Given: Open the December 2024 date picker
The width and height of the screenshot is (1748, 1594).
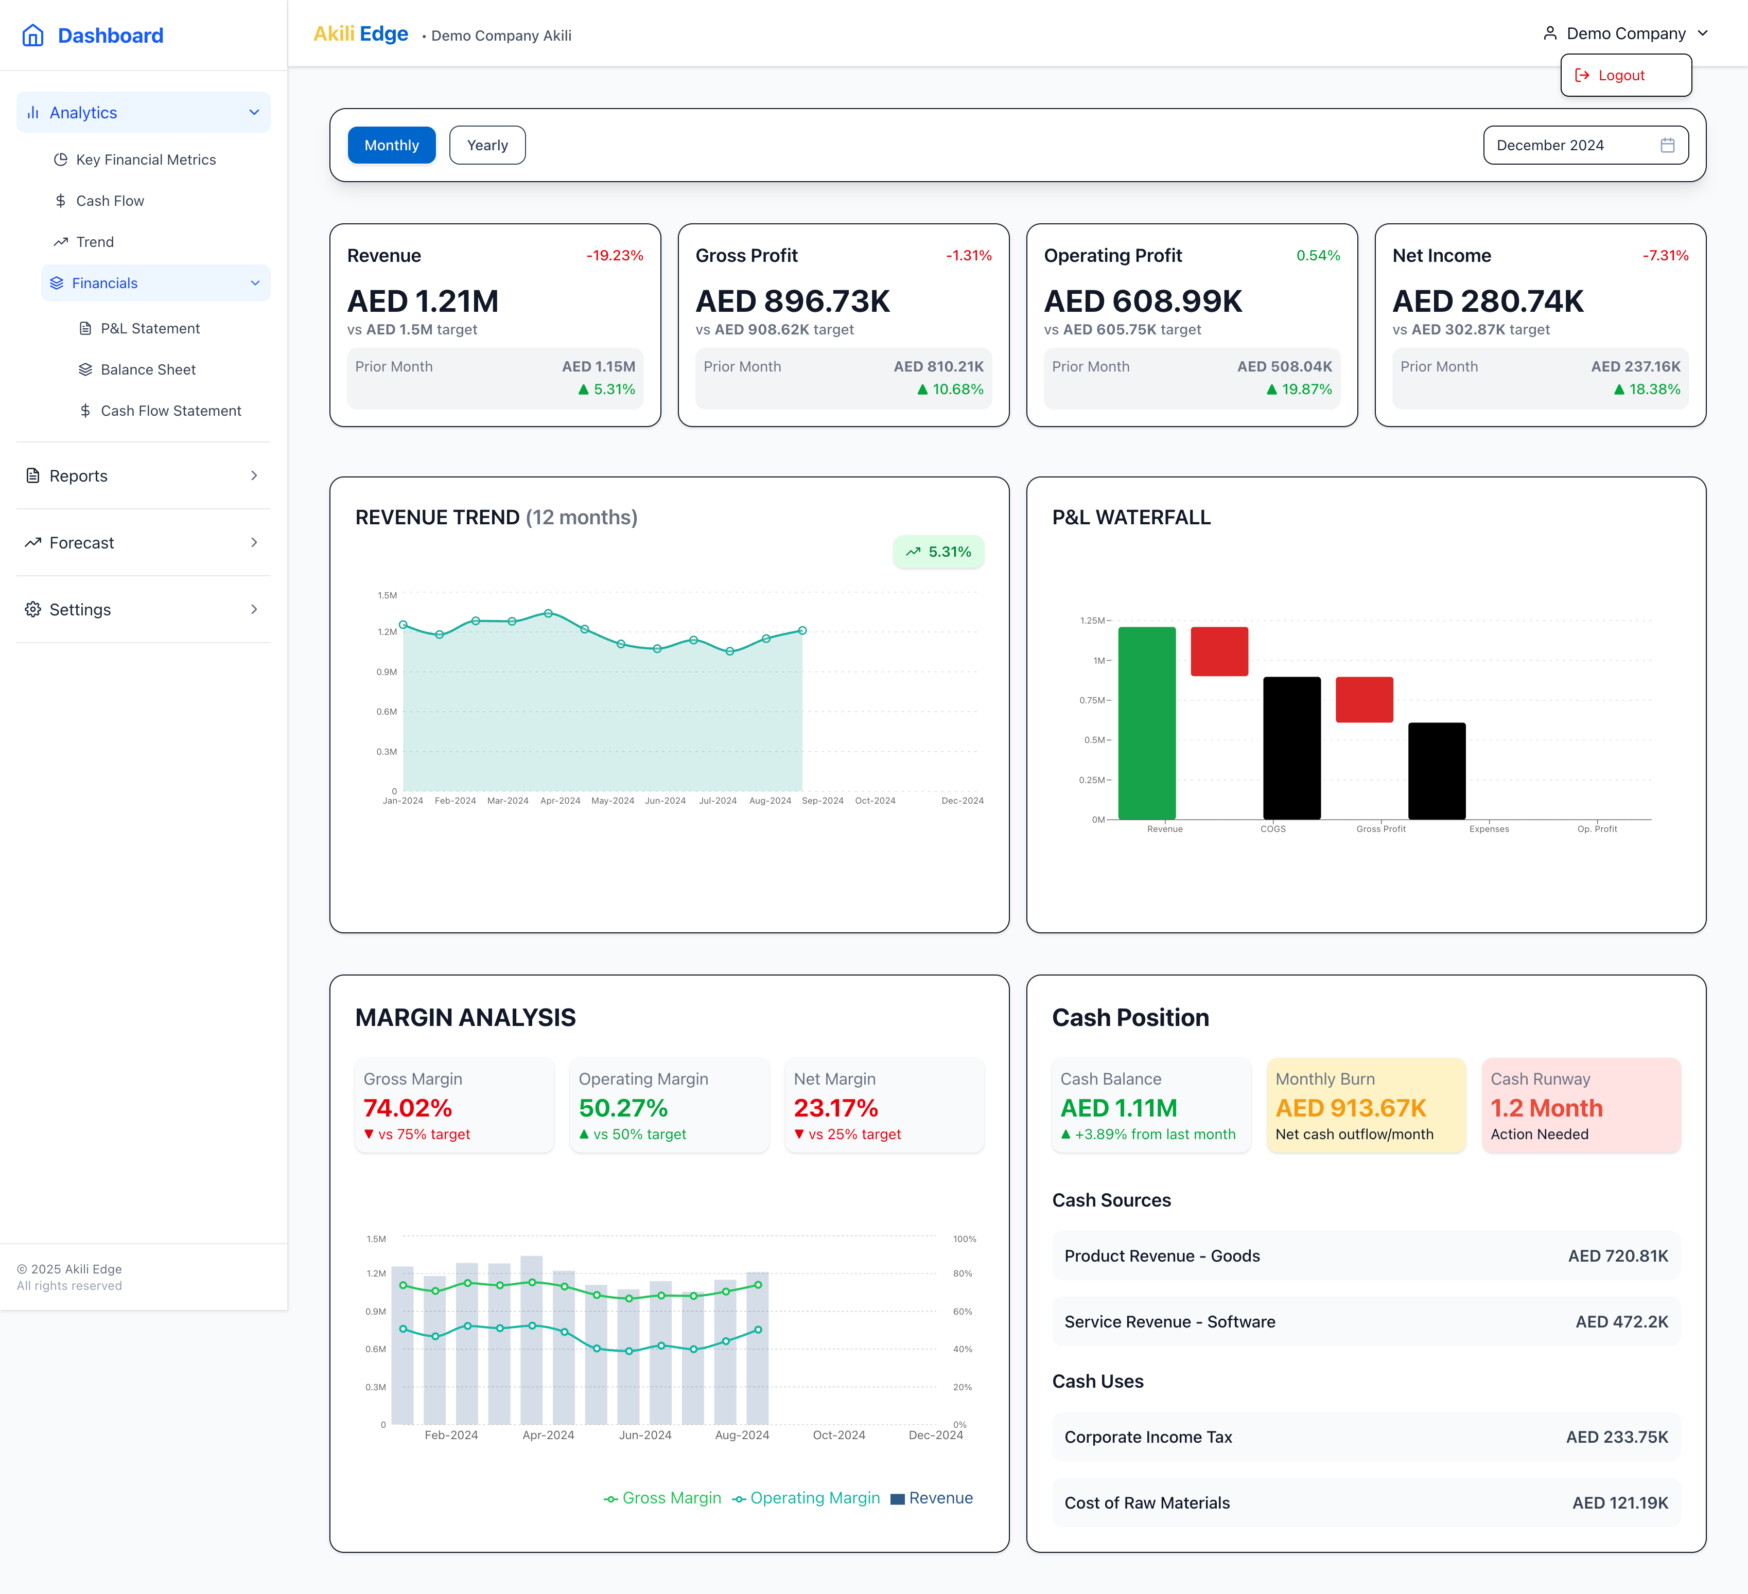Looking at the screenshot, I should [1584, 145].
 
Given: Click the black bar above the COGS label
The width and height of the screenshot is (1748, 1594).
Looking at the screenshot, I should [1291, 747].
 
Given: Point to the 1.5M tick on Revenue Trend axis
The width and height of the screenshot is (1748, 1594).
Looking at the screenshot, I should [387, 595].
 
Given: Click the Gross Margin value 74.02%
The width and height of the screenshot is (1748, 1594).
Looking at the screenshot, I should [408, 1108].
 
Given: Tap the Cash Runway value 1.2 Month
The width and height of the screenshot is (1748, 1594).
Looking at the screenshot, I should [1546, 1108].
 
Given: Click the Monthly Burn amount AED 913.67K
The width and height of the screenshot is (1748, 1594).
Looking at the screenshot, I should [1350, 1108].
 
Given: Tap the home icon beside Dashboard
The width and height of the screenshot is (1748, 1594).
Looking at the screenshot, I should [33, 36].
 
